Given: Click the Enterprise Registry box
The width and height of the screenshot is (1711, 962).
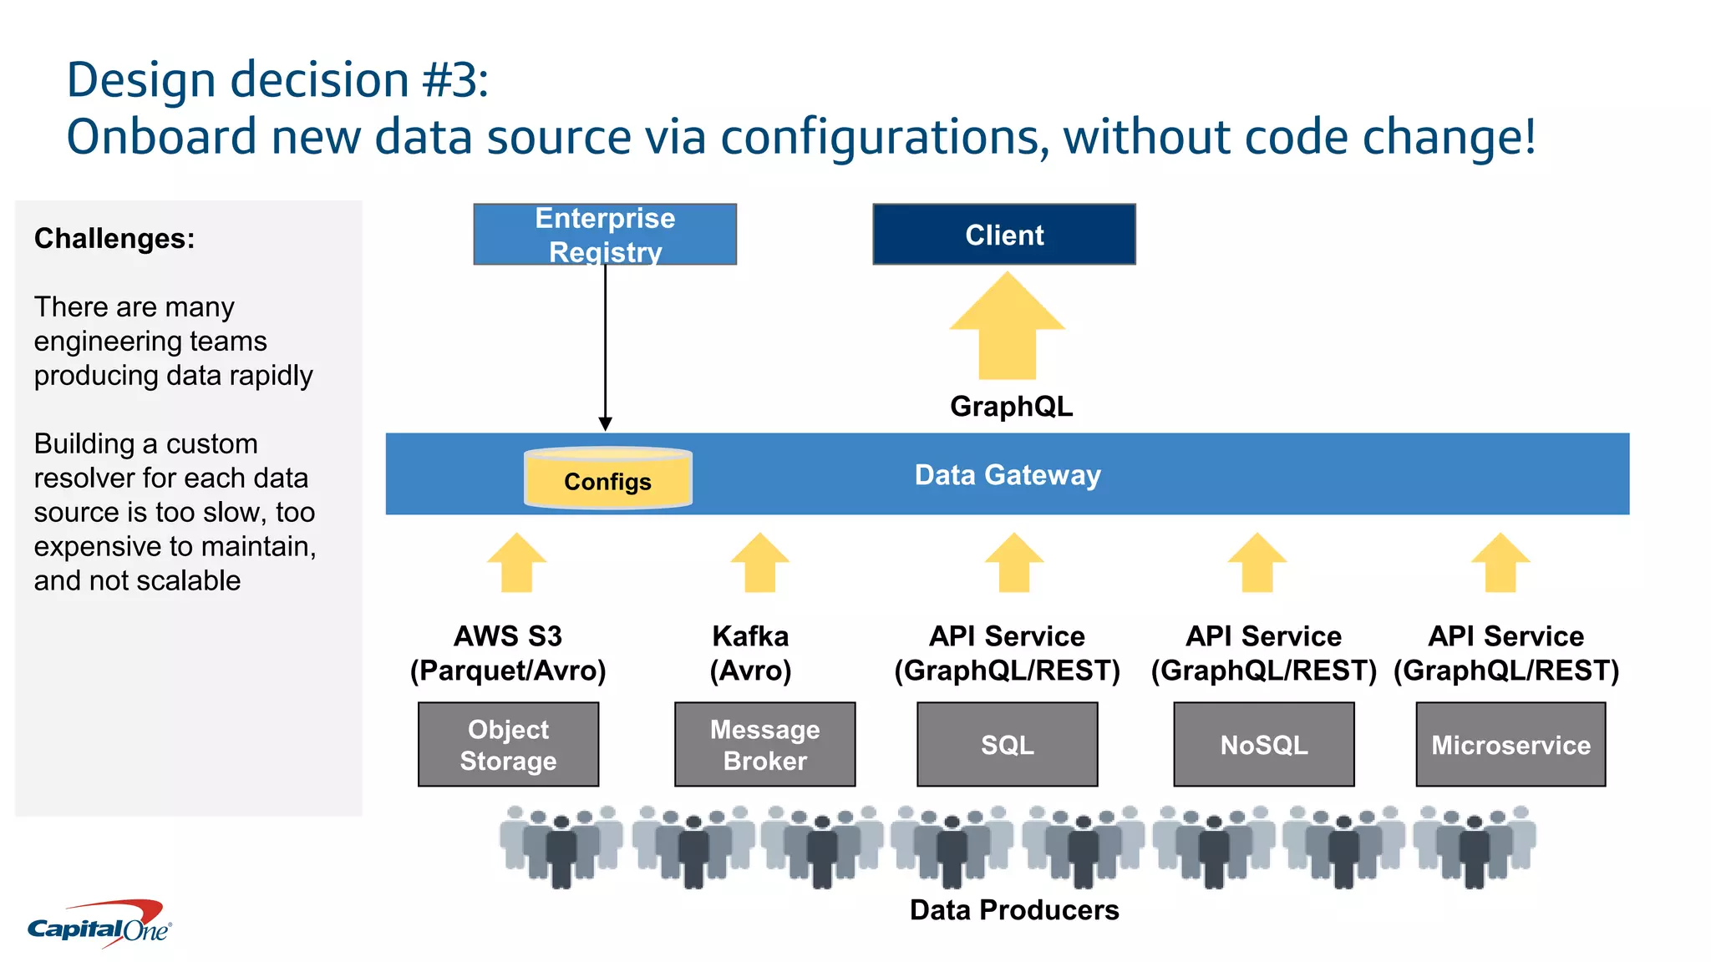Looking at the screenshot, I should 605,234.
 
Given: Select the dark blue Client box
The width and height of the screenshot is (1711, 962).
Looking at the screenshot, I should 1003,235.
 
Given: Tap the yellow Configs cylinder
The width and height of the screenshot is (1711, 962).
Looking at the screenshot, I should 607,478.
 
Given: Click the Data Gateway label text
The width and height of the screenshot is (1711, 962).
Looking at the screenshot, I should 1008,474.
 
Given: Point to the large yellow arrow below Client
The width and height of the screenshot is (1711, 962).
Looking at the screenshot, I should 1007,330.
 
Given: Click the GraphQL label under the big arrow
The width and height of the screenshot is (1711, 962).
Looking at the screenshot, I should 1011,406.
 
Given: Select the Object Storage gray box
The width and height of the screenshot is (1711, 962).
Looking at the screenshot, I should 508,744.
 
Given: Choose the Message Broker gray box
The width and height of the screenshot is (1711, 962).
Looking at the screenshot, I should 764,744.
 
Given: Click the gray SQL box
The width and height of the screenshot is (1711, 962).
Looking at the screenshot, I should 1007,744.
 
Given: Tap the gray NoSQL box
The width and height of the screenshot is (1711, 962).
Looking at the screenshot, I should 1263,744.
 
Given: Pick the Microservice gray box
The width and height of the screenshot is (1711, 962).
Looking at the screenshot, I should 1510,744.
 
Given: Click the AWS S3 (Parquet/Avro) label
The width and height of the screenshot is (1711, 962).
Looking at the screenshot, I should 508,653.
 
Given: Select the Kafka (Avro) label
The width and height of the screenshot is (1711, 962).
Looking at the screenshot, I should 750,653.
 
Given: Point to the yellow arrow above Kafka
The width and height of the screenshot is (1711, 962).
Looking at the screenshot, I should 759,564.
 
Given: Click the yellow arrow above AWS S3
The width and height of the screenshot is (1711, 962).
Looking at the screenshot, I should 516,564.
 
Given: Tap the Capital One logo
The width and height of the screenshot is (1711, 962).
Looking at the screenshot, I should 100,925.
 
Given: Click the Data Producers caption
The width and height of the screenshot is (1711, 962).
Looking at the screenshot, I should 1013,909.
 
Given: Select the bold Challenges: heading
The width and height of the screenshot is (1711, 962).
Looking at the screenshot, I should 114,239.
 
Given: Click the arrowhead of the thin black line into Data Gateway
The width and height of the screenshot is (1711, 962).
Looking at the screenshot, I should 605,424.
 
